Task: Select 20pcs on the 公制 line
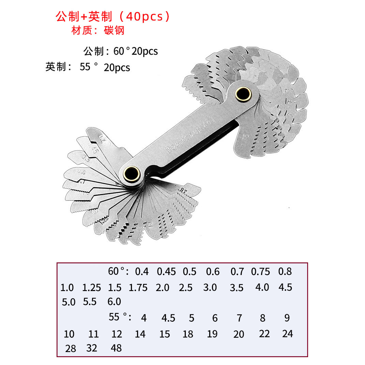coord(145,51)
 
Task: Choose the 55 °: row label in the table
coord(120,317)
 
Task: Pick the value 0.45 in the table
coord(166,272)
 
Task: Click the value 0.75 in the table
coord(261,272)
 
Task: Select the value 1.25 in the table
coord(92,288)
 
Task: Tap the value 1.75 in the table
coord(138,288)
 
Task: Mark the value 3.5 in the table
coord(237,288)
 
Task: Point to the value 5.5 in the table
coord(90,302)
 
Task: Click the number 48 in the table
coord(116,348)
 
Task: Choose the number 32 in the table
coord(92,348)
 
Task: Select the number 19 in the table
coord(212,334)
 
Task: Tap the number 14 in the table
coord(140,334)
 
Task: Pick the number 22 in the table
coord(264,334)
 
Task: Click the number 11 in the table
coord(93,334)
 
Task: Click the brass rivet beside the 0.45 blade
coord(131,173)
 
